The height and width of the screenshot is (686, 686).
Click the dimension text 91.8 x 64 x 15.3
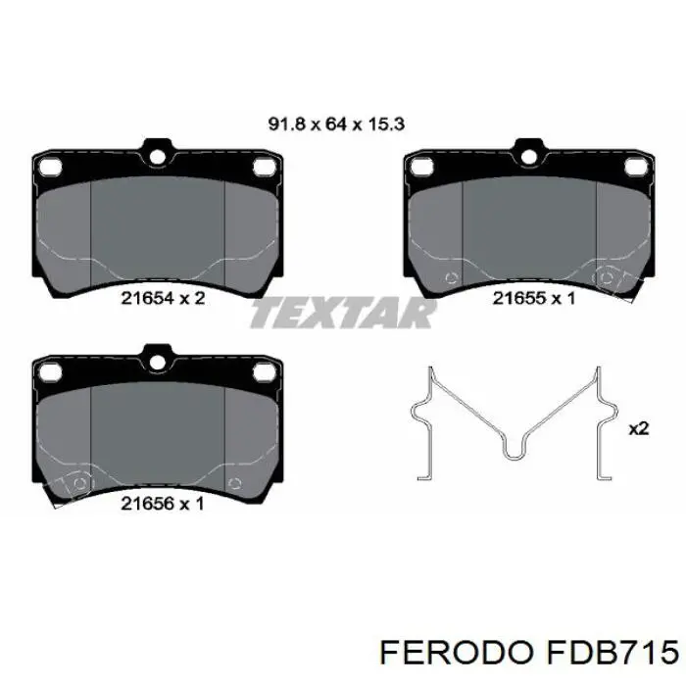pyautogui.click(x=337, y=124)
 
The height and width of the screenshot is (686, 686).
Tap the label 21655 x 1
pyautogui.click(x=533, y=298)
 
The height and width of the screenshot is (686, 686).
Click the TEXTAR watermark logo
pyautogui.click(x=343, y=314)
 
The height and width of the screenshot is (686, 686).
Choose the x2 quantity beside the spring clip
pyautogui.click(x=638, y=428)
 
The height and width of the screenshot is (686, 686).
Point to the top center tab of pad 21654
pyautogui.click(x=156, y=151)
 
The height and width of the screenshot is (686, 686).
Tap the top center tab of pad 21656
pyautogui.click(x=156, y=356)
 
